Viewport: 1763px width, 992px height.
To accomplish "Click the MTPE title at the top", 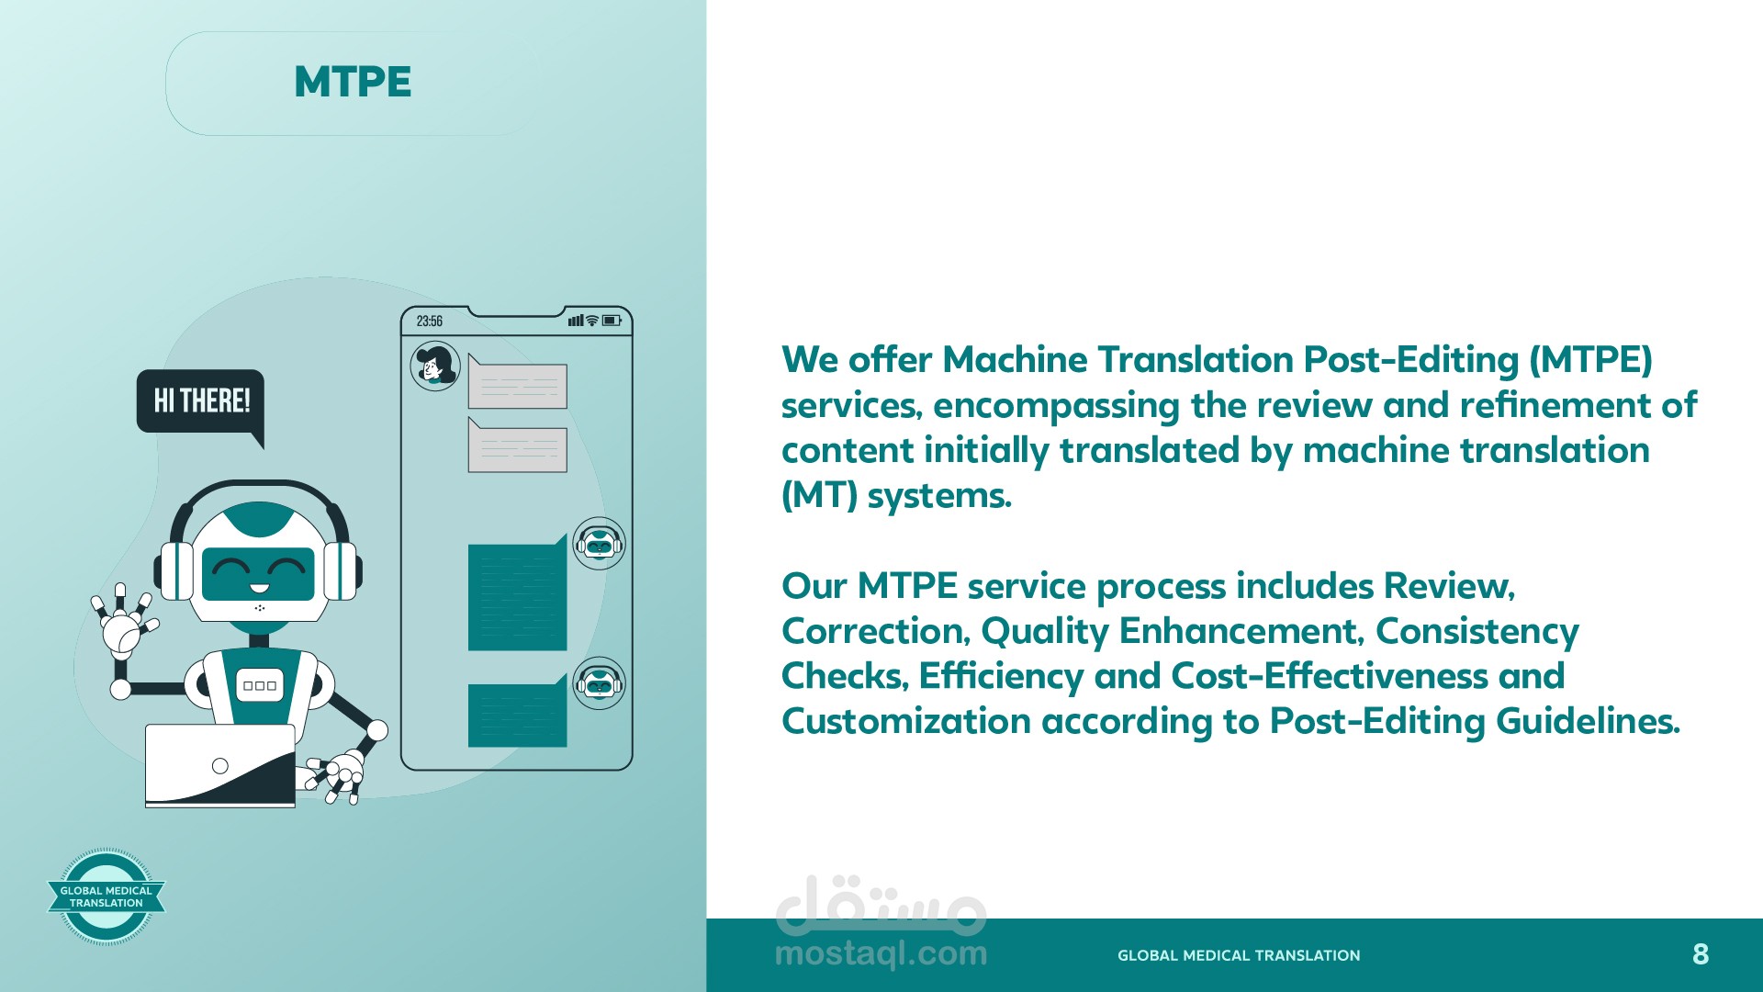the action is click(x=353, y=82).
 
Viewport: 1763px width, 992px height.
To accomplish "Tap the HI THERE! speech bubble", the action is click(x=200, y=401).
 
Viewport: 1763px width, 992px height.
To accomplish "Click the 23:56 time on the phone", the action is click(x=429, y=321).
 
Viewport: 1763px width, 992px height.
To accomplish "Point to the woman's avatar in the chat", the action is click(x=435, y=366).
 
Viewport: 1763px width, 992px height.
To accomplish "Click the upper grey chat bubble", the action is click(x=517, y=382).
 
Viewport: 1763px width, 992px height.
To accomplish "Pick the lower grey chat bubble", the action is click(x=517, y=445).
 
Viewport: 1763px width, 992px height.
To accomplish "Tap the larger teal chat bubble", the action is click(x=517, y=593).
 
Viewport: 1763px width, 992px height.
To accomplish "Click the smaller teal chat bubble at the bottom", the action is click(x=517, y=711).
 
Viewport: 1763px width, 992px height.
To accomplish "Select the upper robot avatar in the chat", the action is click(x=599, y=544).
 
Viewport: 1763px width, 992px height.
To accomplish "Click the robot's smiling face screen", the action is click(x=258, y=573).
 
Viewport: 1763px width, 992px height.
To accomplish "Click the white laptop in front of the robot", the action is click(x=220, y=766).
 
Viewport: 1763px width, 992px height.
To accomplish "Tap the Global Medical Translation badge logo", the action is click(x=107, y=896).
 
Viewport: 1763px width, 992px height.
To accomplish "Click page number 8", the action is click(x=1701, y=954).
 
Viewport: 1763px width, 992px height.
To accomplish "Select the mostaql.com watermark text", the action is click(x=881, y=953).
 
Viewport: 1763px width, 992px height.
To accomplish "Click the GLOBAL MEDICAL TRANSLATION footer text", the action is click(x=1239, y=955).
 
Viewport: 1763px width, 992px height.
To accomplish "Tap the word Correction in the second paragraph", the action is click(x=876, y=631).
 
